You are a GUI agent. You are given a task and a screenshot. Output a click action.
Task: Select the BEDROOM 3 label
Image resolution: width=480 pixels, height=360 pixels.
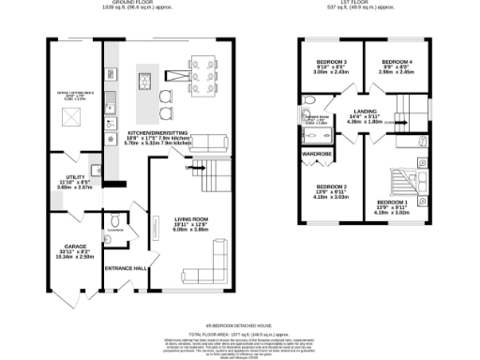tap(331, 62)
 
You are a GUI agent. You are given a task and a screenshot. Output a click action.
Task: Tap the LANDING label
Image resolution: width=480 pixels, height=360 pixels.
tap(360, 112)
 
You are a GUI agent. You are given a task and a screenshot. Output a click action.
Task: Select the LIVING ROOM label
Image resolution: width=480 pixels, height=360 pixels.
tap(190, 219)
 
